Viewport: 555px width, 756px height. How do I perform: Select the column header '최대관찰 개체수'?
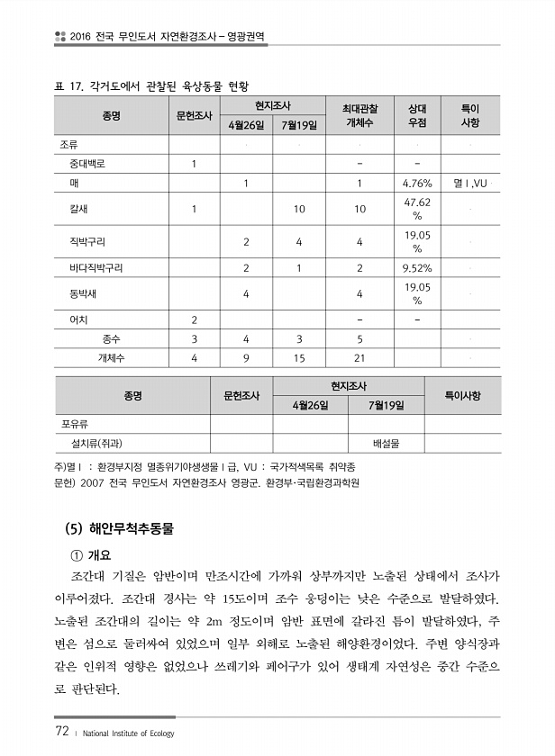pos(359,115)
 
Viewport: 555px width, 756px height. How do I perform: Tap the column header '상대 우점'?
pos(417,115)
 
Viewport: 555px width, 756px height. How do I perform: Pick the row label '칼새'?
pos(78,209)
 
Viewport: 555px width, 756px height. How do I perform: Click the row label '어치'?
pos(78,319)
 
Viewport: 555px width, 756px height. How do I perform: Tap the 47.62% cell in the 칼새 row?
pos(417,209)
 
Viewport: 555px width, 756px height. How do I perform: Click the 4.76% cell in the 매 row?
pos(417,184)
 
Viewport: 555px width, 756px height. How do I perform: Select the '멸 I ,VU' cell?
pos(470,184)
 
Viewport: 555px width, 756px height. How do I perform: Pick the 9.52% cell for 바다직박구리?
pos(417,268)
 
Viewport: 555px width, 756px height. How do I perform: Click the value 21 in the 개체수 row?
pos(359,357)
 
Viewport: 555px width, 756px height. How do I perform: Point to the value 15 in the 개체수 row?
pos(299,357)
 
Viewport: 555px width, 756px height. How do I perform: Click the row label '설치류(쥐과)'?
pos(90,443)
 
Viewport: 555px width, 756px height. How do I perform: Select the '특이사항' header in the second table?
pos(462,395)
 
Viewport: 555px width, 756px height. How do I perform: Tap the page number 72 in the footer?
pos(61,732)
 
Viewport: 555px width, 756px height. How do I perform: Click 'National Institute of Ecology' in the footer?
pos(127,733)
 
